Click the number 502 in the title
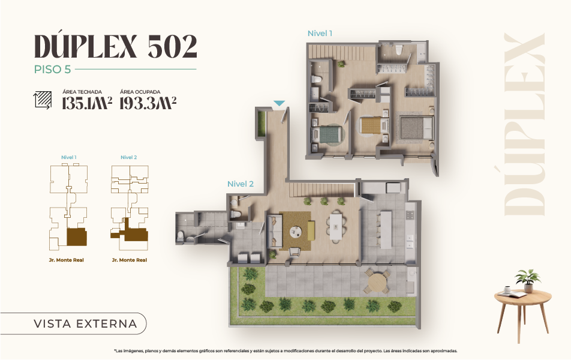[172, 47]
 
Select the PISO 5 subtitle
[52, 69]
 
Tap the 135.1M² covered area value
[86, 103]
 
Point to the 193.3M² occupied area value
[148, 103]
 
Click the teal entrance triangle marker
[280, 103]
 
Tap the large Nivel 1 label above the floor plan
[320, 33]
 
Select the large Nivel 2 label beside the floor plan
[241, 184]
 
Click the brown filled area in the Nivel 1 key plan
[77, 237]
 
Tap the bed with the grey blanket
[416, 128]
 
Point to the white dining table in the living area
[335, 227]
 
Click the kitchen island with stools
[386, 230]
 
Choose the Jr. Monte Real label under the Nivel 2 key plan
[130, 260]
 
